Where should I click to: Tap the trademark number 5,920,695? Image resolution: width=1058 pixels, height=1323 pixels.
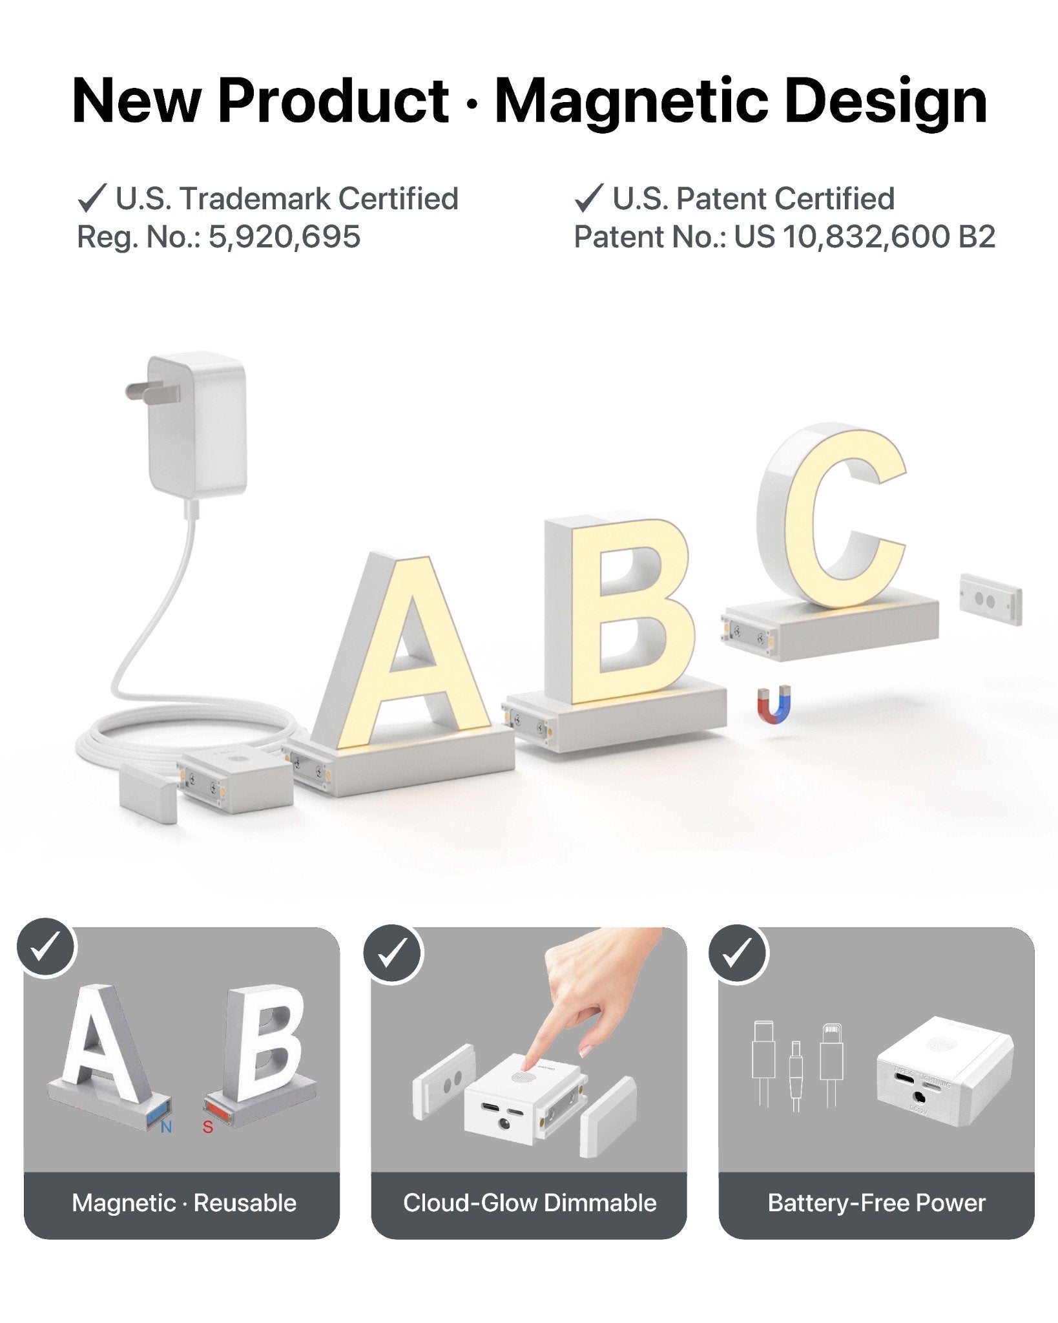[284, 237]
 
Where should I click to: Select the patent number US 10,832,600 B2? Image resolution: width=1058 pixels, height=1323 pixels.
[864, 237]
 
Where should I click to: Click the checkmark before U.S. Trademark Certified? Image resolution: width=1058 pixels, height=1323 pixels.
[91, 198]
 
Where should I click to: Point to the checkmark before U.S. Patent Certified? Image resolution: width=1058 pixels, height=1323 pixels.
[588, 198]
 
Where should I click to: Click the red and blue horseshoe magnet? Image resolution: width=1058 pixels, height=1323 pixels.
[773, 705]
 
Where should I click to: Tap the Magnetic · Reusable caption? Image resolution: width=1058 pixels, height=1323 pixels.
[184, 1203]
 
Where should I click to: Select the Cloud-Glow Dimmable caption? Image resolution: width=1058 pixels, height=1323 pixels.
[530, 1203]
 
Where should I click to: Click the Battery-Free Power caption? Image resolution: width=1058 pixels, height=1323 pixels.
[876, 1203]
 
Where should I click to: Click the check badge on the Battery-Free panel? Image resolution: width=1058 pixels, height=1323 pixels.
[738, 952]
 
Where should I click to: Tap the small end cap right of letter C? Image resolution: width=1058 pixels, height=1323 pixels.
[990, 599]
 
